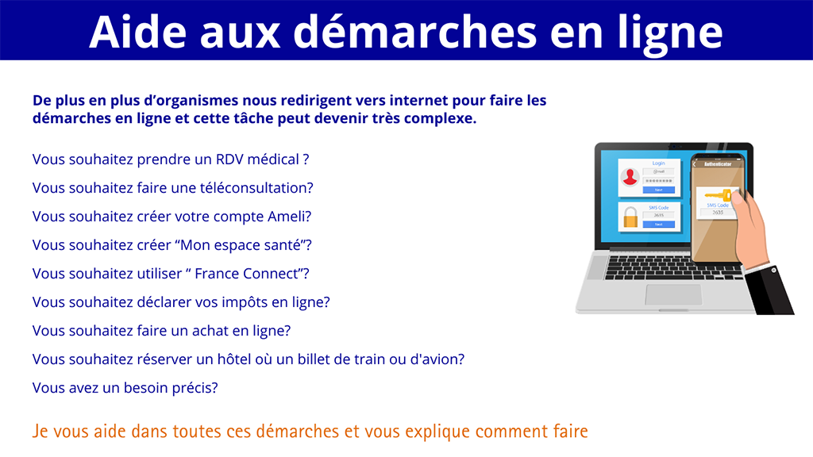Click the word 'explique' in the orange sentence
[433, 432]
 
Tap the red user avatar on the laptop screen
[630, 177]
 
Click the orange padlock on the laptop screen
[630, 217]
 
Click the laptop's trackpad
[672, 294]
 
